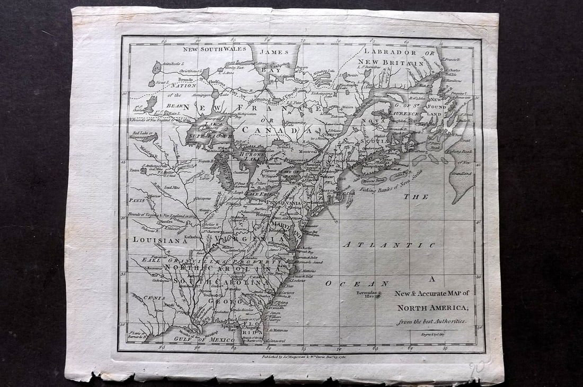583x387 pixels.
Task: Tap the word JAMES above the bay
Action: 274,52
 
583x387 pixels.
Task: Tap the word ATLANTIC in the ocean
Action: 389,245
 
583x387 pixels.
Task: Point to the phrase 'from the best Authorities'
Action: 431,321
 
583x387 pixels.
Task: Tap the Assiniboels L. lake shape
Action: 157,68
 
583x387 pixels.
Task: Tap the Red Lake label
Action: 142,133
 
